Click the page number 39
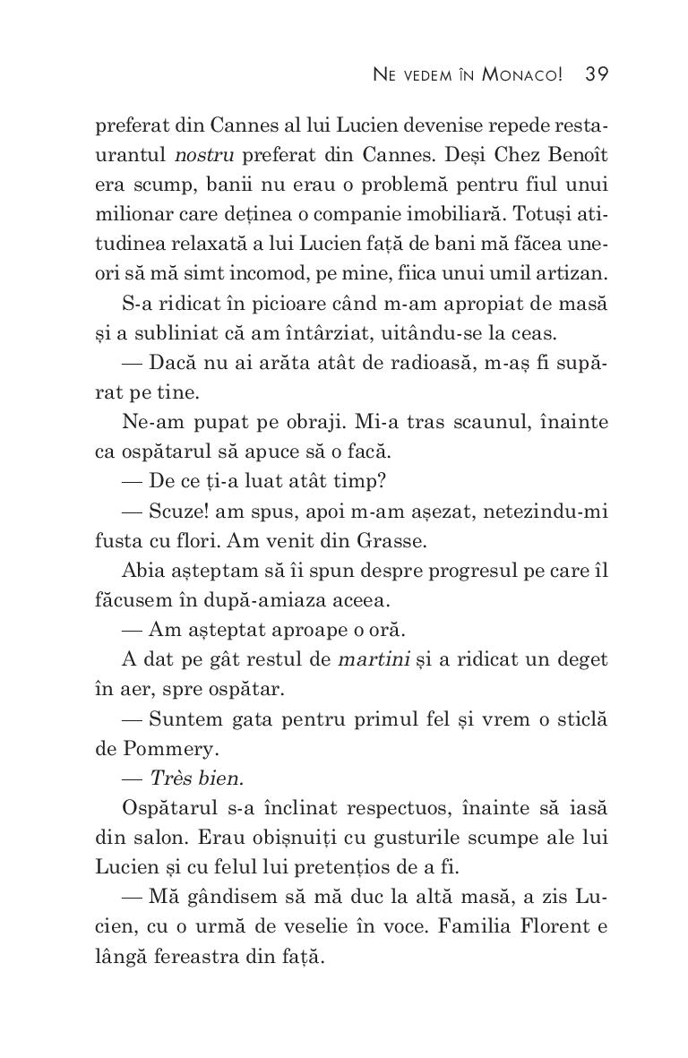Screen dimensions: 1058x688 pos(597,74)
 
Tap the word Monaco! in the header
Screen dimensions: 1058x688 pos(522,74)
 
